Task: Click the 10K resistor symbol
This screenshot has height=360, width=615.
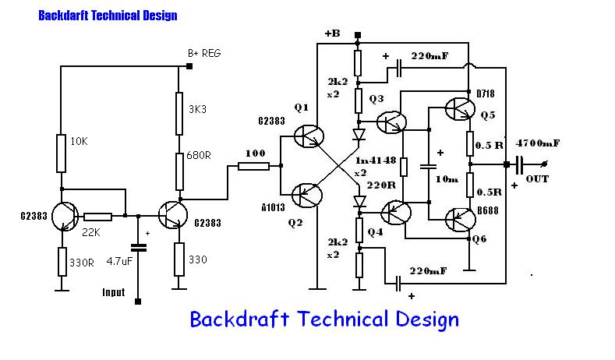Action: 61,153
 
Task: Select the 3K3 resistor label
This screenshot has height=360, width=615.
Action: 198,109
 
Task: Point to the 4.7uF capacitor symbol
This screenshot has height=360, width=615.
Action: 139,248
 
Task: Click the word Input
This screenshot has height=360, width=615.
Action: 114,292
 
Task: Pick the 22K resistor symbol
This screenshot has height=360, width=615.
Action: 98,217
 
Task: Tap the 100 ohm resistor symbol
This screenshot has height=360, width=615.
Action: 253,165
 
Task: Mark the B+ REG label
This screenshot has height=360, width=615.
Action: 204,53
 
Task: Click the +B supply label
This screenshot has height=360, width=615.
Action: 333,33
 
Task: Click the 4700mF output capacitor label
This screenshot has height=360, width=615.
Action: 539,143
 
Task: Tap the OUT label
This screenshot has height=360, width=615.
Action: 538,178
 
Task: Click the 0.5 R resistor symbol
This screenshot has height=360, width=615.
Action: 471,143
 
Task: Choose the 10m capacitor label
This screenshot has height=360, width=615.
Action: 447,179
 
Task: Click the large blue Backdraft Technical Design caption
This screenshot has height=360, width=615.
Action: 324,319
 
